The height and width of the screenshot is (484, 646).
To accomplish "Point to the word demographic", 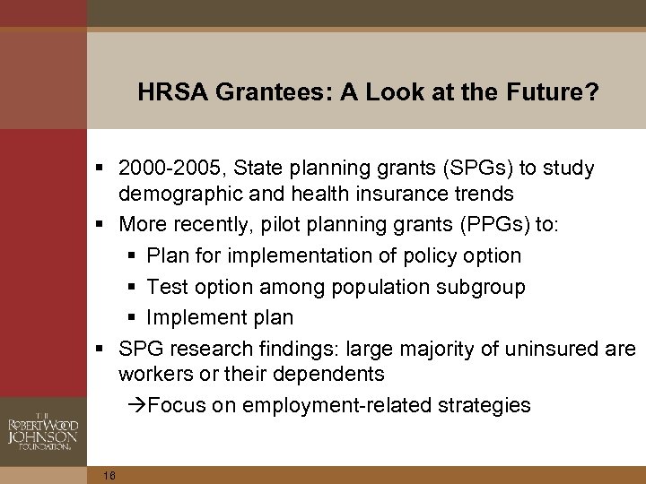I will [175, 194].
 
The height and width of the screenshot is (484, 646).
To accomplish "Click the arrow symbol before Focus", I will [136, 405].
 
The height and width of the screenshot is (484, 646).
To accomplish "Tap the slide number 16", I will [109, 475].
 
